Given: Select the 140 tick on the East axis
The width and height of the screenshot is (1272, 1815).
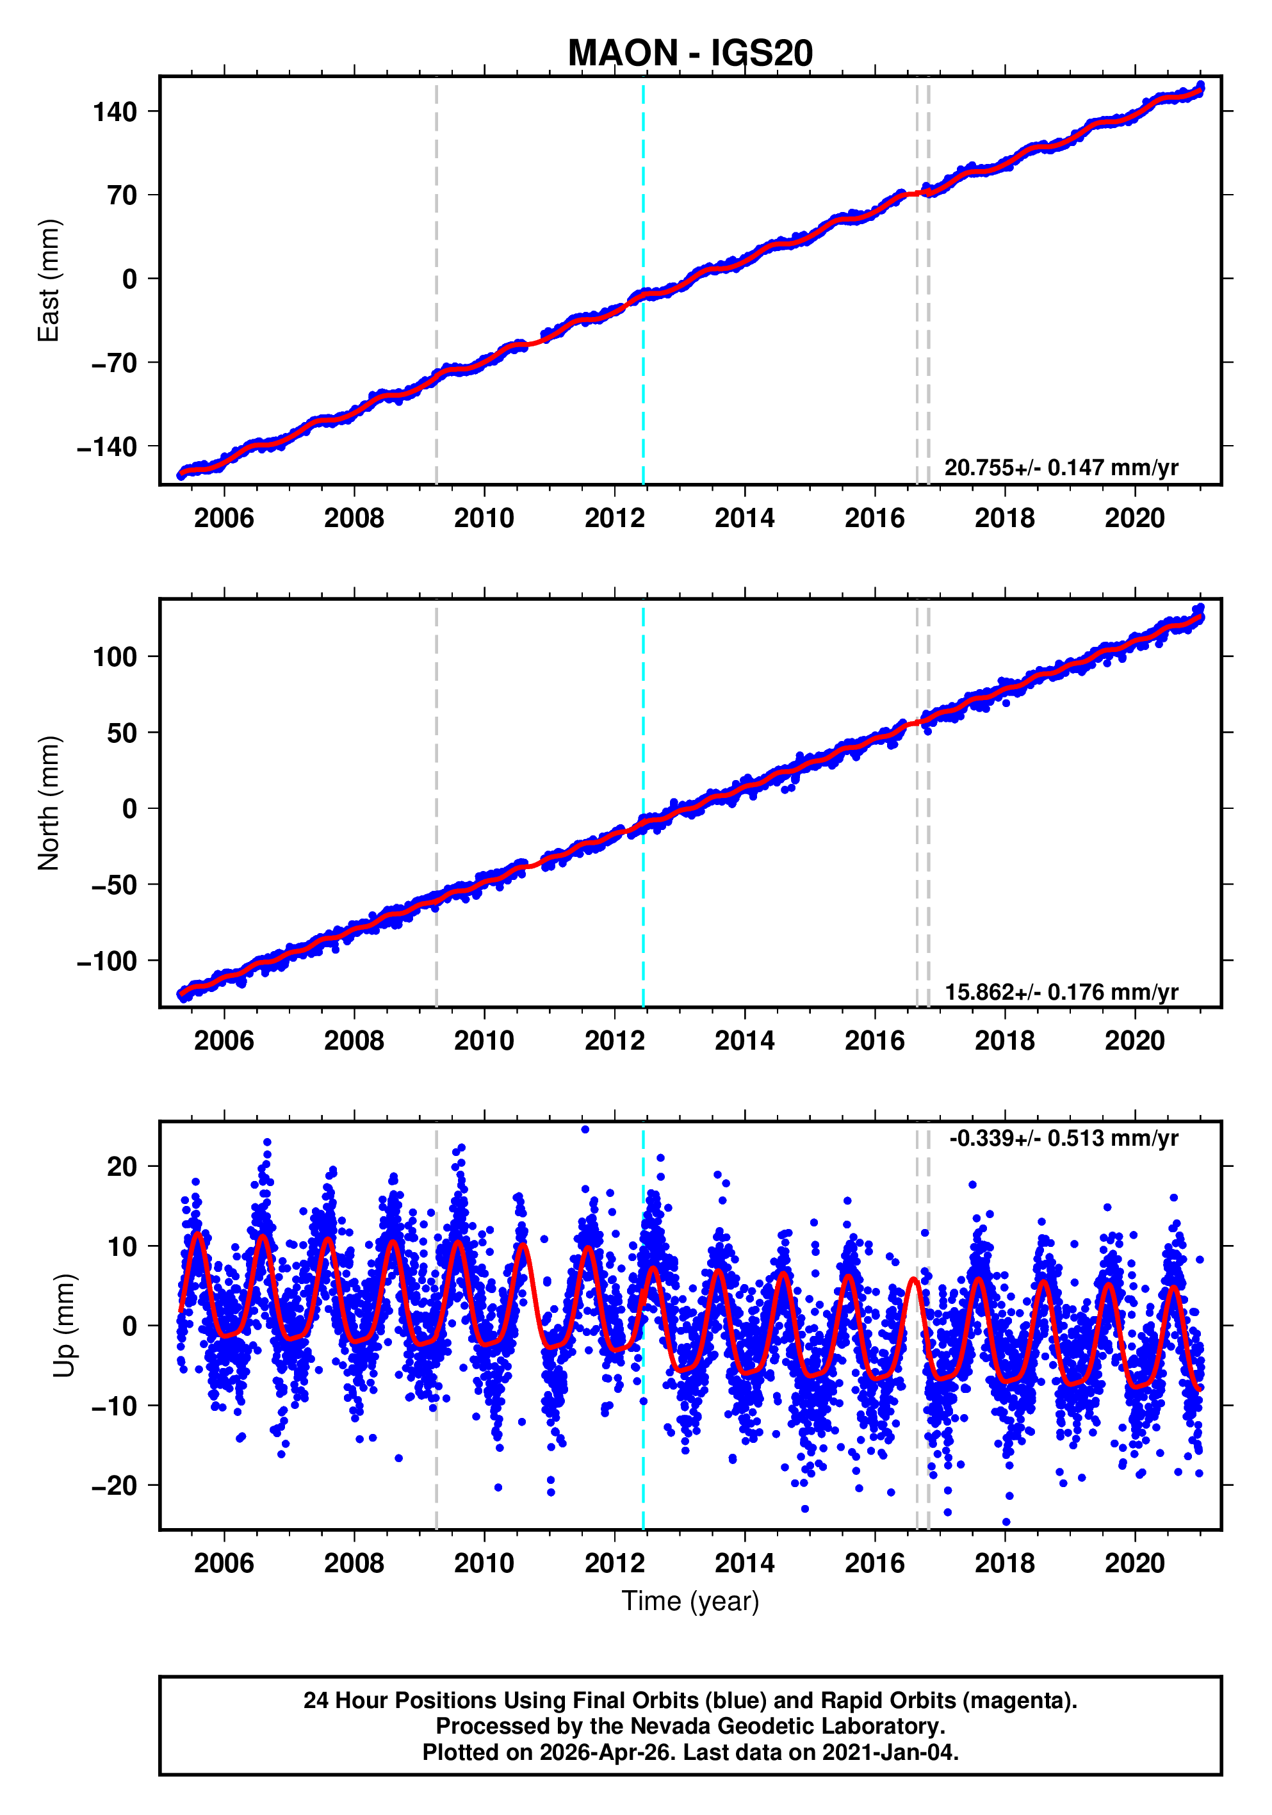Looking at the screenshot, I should coord(115,112).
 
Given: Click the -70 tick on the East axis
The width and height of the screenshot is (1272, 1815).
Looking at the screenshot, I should coord(115,364).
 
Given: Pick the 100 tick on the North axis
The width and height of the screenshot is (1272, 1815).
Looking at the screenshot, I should coord(115,657).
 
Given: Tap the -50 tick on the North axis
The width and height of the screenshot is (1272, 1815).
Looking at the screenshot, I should coord(115,885).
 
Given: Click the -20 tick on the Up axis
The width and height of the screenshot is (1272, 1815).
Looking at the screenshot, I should coord(115,1486).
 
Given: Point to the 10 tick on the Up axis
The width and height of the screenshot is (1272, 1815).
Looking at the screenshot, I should coord(122,1248).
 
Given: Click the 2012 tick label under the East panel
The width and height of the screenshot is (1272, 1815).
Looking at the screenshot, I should coord(614,519).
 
